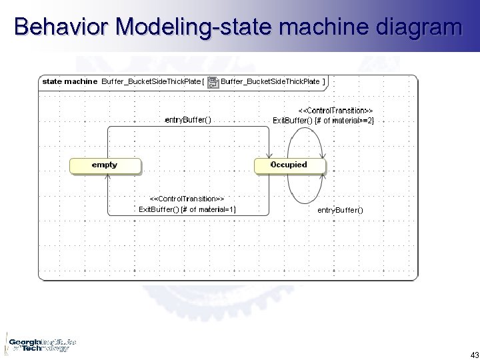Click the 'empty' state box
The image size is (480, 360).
pyautogui.click(x=105, y=165)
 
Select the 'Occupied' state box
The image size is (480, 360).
pyautogui.click(x=290, y=165)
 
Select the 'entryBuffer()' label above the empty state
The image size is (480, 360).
pyautogui.click(x=187, y=119)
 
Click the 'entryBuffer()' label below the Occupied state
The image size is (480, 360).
pyautogui.click(x=341, y=210)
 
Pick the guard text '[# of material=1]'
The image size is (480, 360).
pyautogui.click(x=207, y=210)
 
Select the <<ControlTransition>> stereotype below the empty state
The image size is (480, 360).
pyautogui.click(x=187, y=199)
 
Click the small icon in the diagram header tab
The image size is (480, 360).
pyautogui.click(x=212, y=83)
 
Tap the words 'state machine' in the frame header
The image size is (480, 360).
pyautogui.click(x=70, y=82)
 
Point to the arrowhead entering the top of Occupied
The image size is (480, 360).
pyautogui.click(x=269, y=155)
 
